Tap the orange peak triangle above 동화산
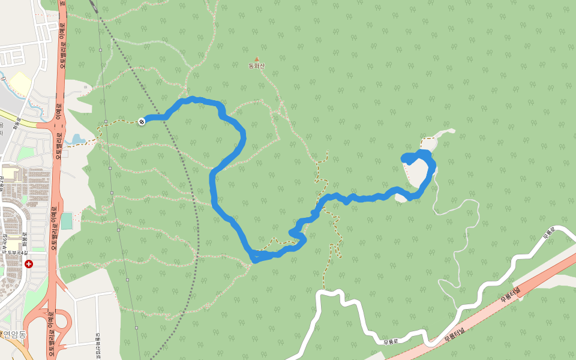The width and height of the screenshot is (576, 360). [257, 59]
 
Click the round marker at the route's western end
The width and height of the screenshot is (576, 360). [142, 121]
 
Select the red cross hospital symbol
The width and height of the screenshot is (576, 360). [29, 263]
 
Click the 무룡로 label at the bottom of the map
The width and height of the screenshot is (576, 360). [391, 342]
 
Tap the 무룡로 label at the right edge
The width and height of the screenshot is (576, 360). [550, 233]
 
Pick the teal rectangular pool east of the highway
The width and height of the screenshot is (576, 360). [67, 220]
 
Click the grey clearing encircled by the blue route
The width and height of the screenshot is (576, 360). [417, 174]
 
